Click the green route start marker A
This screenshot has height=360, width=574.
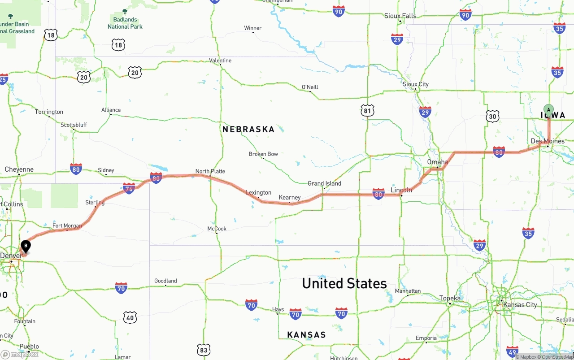coord(548,110)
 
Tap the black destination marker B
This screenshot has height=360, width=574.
coord(26,246)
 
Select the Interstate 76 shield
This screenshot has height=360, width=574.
coord(129,188)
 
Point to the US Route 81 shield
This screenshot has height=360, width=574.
coord(367,110)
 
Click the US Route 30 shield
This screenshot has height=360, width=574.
coord(492,116)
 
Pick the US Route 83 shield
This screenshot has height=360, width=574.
coord(204,350)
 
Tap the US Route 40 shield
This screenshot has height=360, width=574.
coord(130,317)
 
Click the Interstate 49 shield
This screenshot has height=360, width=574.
coord(512,351)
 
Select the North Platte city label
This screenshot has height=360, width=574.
coord(210,171)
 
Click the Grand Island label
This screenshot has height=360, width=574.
coord(324,183)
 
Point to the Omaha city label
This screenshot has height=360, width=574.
coord(437,162)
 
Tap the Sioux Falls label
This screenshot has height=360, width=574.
coord(400,16)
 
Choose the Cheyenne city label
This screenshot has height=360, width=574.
coord(19,169)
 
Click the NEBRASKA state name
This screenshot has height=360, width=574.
coord(248,130)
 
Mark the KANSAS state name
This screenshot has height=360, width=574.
coord(306,335)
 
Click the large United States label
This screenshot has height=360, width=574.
coord(344,283)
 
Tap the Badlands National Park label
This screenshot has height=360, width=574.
coord(125,23)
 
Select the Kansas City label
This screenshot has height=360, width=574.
coord(520,305)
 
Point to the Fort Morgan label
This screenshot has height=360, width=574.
coord(67,226)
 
